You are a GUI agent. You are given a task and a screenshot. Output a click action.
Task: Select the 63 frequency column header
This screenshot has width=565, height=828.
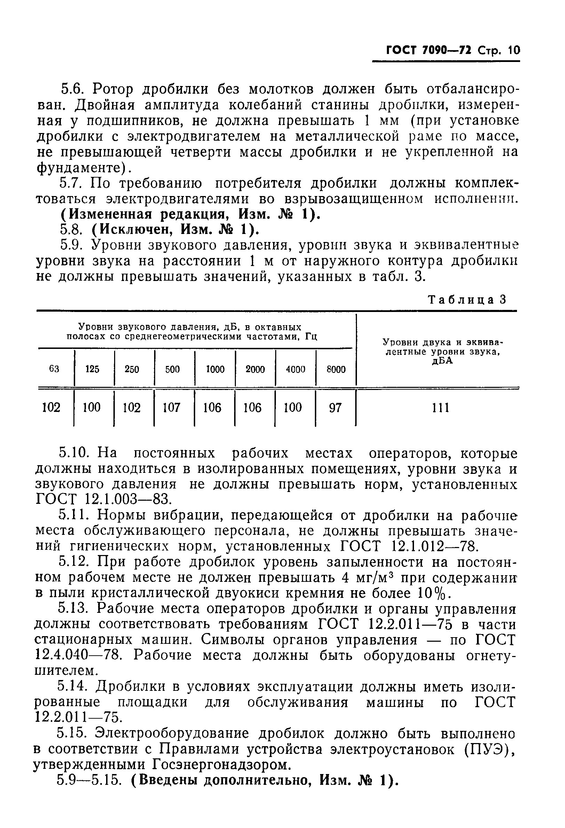tap(54, 369)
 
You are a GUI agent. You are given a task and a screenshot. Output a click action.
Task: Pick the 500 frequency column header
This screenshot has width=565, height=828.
tap(172, 369)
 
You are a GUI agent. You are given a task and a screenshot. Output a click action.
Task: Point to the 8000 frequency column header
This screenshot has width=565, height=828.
tap(336, 369)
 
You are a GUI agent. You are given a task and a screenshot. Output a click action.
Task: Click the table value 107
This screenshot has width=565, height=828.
tap(172, 407)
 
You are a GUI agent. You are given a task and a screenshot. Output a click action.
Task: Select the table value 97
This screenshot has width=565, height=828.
tap(335, 407)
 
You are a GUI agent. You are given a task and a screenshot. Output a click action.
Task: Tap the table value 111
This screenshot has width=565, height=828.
tap(440, 407)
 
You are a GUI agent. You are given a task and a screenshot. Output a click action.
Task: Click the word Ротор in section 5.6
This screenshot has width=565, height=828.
tap(114, 89)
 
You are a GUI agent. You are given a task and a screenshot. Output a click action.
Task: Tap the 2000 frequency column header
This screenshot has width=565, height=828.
tap(255, 369)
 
